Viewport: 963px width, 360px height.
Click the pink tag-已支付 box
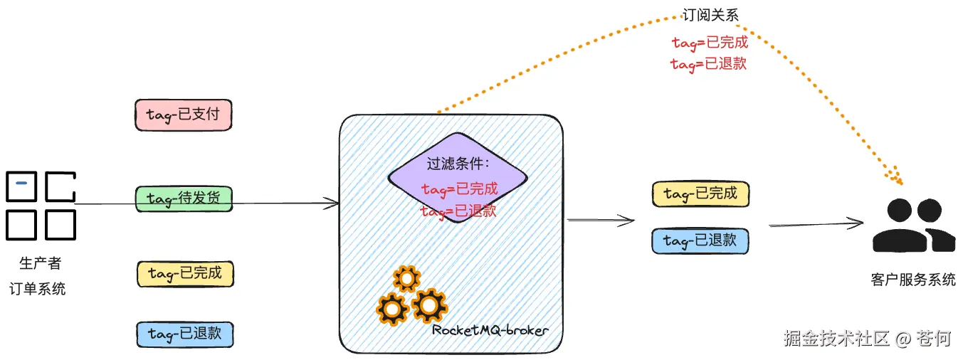click(x=184, y=115)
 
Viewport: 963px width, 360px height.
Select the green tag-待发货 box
click(x=184, y=198)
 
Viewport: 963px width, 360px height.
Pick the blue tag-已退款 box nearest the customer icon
click(x=700, y=240)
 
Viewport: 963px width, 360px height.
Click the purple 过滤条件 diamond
click(x=458, y=178)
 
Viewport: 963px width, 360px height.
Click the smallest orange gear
click(x=406, y=278)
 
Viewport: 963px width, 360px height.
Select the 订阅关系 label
click(x=710, y=15)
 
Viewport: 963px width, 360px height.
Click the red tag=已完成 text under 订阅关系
click(x=710, y=43)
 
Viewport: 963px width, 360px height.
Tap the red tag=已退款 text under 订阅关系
click(x=709, y=64)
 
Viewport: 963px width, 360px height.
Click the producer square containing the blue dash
click(x=22, y=186)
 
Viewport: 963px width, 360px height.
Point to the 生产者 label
click(x=40, y=264)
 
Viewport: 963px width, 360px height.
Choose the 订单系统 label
click(x=38, y=289)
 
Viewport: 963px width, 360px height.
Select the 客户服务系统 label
click(x=913, y=280)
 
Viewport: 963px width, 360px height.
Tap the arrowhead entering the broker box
click(x=332, y=204)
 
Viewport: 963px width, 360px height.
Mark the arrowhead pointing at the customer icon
click(x=858, y=224)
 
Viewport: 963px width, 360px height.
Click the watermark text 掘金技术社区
click(x=836, y=338)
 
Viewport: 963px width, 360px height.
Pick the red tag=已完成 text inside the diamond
click(x=459, y=190)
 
